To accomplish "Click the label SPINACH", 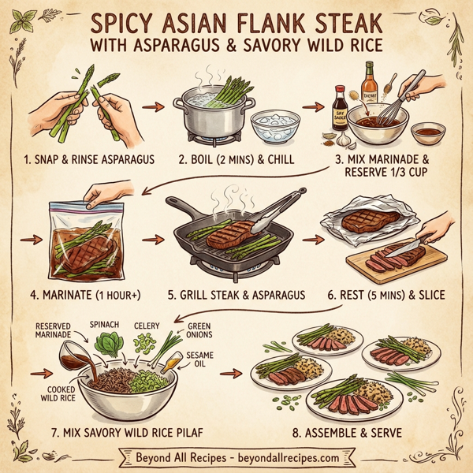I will [104, 323].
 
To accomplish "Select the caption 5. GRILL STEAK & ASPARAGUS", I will [236, 295].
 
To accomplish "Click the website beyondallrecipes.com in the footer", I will [292, 457].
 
